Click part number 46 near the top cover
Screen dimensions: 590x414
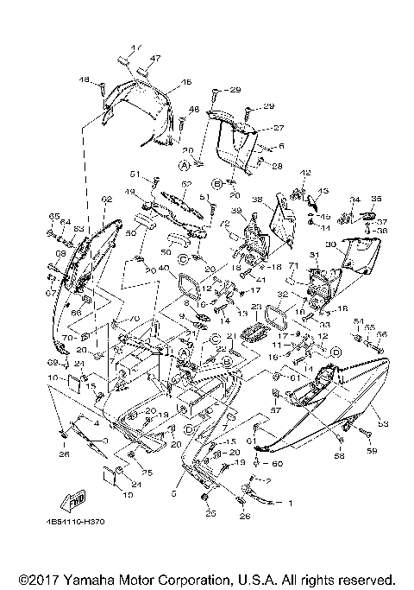coord(186,83)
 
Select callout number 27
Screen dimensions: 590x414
coord(254,127)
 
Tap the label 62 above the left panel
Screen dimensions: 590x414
coord(106,200)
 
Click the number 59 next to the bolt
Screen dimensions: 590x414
coord(373,451)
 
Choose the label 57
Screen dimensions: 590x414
coord(278,412)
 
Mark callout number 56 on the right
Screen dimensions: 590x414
coord(383,334)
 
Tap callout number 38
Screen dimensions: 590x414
coord(258,200)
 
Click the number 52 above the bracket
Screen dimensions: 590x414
coord(185,184)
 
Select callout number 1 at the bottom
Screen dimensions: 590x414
coord(291,503)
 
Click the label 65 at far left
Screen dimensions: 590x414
coord(53,216)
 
